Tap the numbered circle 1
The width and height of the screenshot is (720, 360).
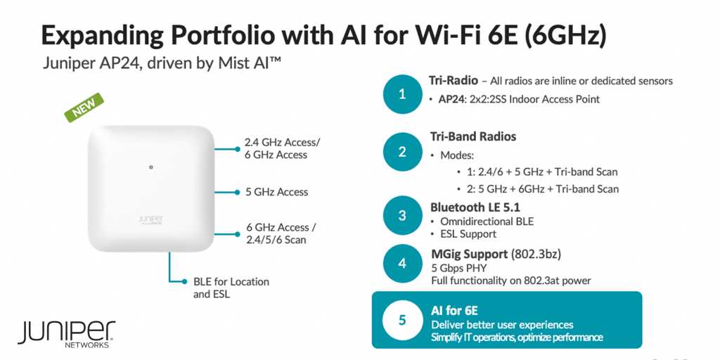(x=402, y=94)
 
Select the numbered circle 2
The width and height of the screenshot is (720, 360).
(x=402, y=151)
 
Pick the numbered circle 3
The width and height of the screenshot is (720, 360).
(x=402, y=215)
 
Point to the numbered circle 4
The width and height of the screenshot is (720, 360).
(x=402, y=264)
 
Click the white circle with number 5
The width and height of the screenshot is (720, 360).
(x=402, y=320)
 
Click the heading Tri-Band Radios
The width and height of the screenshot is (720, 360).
(x=472, y=136)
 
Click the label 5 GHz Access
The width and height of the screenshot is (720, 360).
(x=276, y=192)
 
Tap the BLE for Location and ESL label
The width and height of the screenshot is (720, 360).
(x=231, y=288)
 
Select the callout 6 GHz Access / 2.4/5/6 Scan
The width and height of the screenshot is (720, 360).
(x=281, y=233)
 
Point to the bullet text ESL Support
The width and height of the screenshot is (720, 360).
(x=467, y=233)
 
